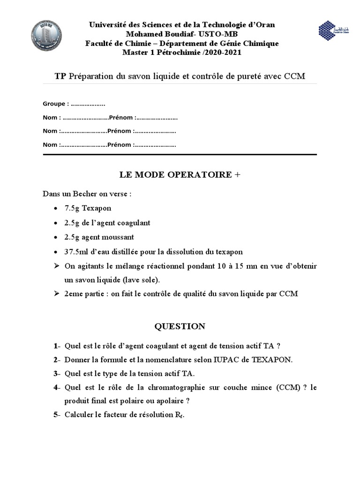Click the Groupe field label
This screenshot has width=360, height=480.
56,104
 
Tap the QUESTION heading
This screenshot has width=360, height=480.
180,326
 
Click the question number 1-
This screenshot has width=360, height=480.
57,346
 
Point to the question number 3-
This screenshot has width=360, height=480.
57,374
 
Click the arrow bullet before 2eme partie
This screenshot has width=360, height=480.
57,294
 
